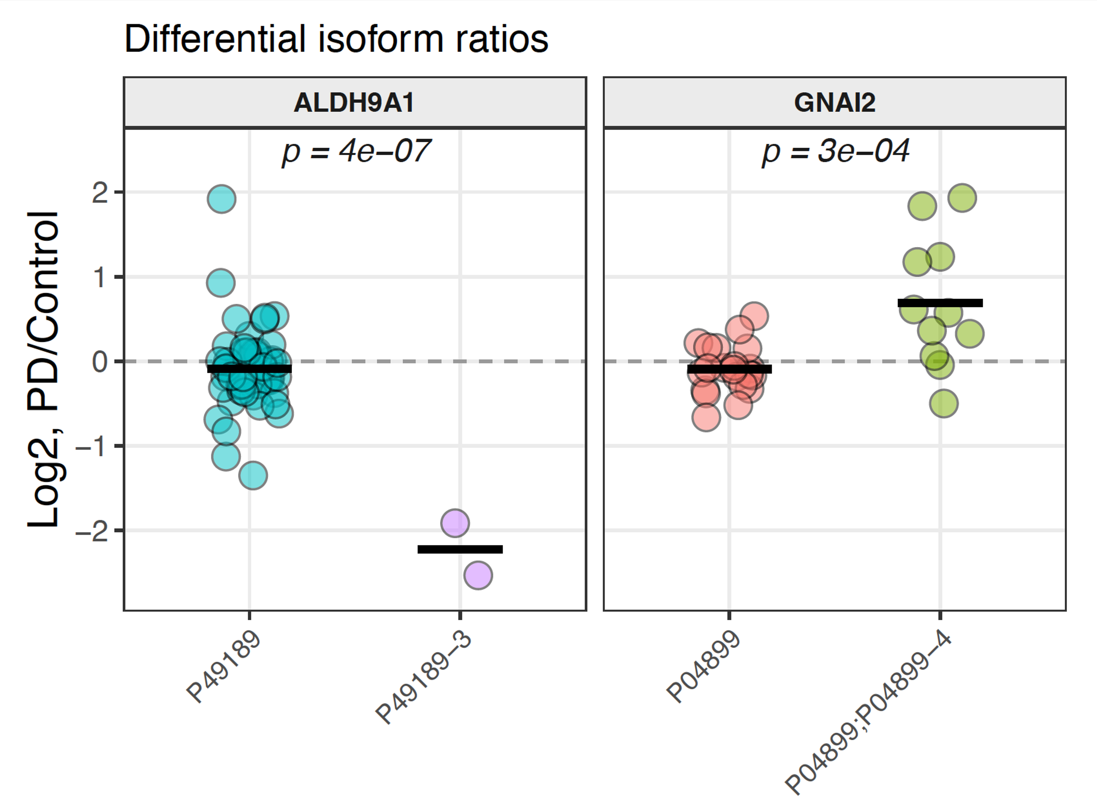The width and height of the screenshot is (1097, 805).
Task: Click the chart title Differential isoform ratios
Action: pos(336,39)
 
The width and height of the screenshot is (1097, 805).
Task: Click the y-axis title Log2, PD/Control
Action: pos(44,370)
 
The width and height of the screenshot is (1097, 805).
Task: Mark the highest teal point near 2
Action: pos(222,199)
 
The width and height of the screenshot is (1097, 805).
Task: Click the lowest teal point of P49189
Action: pos(253,475)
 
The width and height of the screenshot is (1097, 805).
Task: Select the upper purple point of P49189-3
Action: pos(455,523)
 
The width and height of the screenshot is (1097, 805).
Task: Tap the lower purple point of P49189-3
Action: pos(478,575)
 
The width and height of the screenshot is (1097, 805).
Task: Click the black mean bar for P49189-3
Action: pos(460,549)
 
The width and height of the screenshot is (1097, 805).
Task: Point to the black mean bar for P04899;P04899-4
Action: pos(940,303)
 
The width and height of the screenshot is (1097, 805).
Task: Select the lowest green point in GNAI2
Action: pos(944,403)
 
